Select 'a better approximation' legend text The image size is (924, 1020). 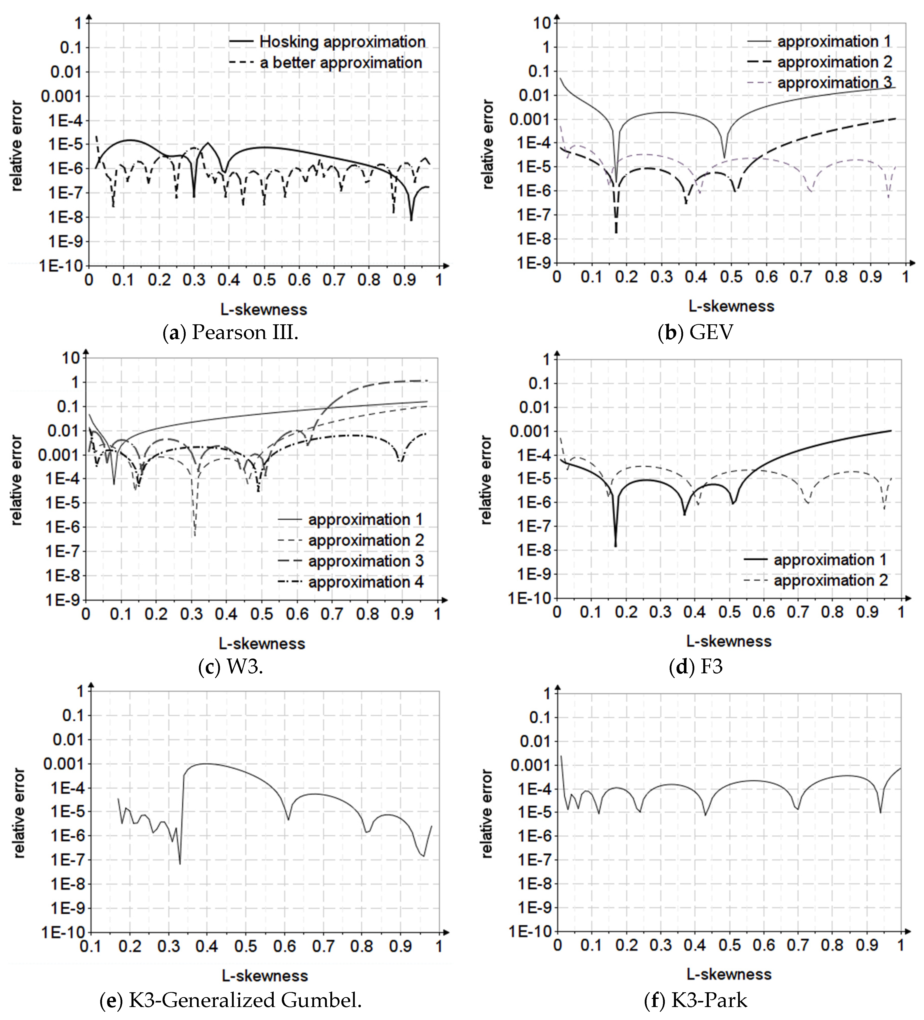pos(341,63)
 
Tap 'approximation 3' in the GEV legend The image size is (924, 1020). pos(834,82)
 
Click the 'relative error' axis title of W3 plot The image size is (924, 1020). pos(17,480)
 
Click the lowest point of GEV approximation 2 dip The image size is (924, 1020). pos(616,233)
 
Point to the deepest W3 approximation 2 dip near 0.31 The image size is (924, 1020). pos(195,535)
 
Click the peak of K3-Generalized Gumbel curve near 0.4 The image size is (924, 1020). pos(207,764)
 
